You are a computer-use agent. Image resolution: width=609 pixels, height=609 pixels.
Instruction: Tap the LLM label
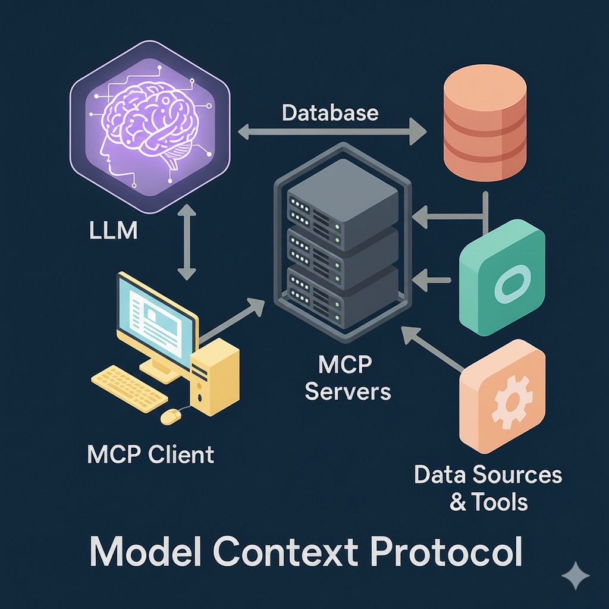point(113,230)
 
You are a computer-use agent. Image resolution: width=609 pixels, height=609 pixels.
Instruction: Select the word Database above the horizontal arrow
point(330,112)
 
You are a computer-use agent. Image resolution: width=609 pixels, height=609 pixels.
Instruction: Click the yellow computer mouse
point(171,416)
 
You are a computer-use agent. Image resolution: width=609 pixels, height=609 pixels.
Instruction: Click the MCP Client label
point(150,455)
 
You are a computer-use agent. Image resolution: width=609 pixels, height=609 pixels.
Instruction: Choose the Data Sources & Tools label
point(488,488)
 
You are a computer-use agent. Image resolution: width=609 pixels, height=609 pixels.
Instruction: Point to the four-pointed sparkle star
point(576,576)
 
